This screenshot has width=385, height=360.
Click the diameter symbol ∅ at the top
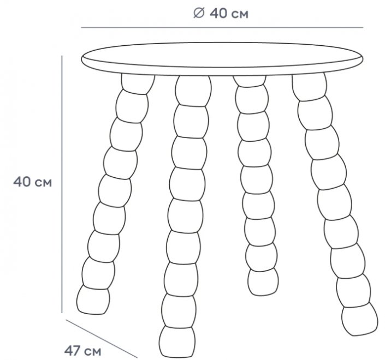(x=199, y=13)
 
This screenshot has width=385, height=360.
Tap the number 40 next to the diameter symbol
(x=218, y=14)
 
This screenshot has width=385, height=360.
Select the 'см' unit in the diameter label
(x=240, y=15)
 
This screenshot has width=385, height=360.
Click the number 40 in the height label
(x=22, y=182)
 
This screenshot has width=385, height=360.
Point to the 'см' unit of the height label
(x=44, y=183)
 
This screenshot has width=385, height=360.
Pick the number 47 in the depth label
(x=73, y=351)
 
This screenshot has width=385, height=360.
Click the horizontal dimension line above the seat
(x=222, y=27)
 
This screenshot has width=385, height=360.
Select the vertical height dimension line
(x=62, y=184)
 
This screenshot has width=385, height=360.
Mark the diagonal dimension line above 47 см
(x=102, y=338)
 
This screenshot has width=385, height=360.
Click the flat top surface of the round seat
(x=222, y=55)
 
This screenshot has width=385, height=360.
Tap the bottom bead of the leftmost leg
(x=93, y=300)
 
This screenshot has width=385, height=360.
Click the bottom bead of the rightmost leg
(x=360, y=320)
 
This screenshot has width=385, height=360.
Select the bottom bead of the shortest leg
(x=263, y=282)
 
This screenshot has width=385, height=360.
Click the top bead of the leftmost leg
(x=138, y=85)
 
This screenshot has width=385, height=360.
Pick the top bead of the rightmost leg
(x=309, y=87)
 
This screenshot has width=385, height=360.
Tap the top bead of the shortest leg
(x=250, y=81)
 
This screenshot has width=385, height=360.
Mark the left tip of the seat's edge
(x=82, y=59)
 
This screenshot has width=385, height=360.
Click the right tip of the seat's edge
(x=363, y=59)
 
